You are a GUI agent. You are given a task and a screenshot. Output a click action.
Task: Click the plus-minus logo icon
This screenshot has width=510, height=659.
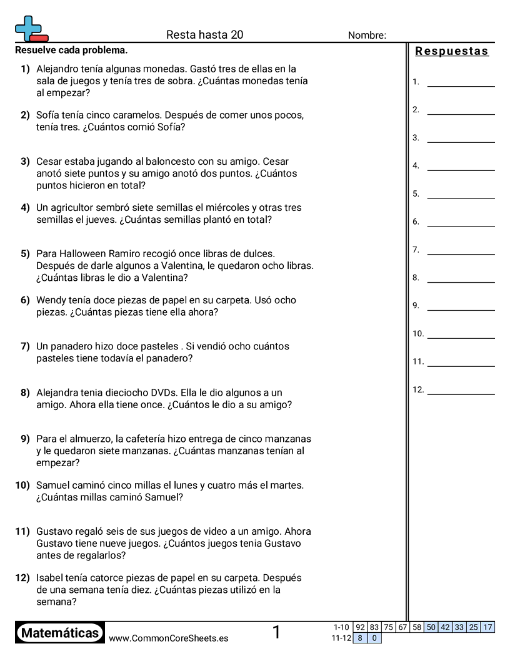click(x=31, y=29)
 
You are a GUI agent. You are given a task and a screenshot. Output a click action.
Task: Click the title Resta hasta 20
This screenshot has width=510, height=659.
click(x=204, y=35)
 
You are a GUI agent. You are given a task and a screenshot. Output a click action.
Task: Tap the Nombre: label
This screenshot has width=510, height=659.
click(x=367, y=36)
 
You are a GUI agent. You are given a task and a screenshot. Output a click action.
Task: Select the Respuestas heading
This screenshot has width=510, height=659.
click(x=452, y=51)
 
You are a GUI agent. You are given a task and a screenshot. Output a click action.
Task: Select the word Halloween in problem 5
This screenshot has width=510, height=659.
click(x=82, y=254)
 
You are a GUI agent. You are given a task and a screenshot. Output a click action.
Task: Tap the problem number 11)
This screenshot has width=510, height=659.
click(x=22, y=532)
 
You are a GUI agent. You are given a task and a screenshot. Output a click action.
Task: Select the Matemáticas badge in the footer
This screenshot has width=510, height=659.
click(x=60, y=633)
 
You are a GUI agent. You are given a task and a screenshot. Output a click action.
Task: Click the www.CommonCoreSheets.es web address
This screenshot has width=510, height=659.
click(x=168, y=638)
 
